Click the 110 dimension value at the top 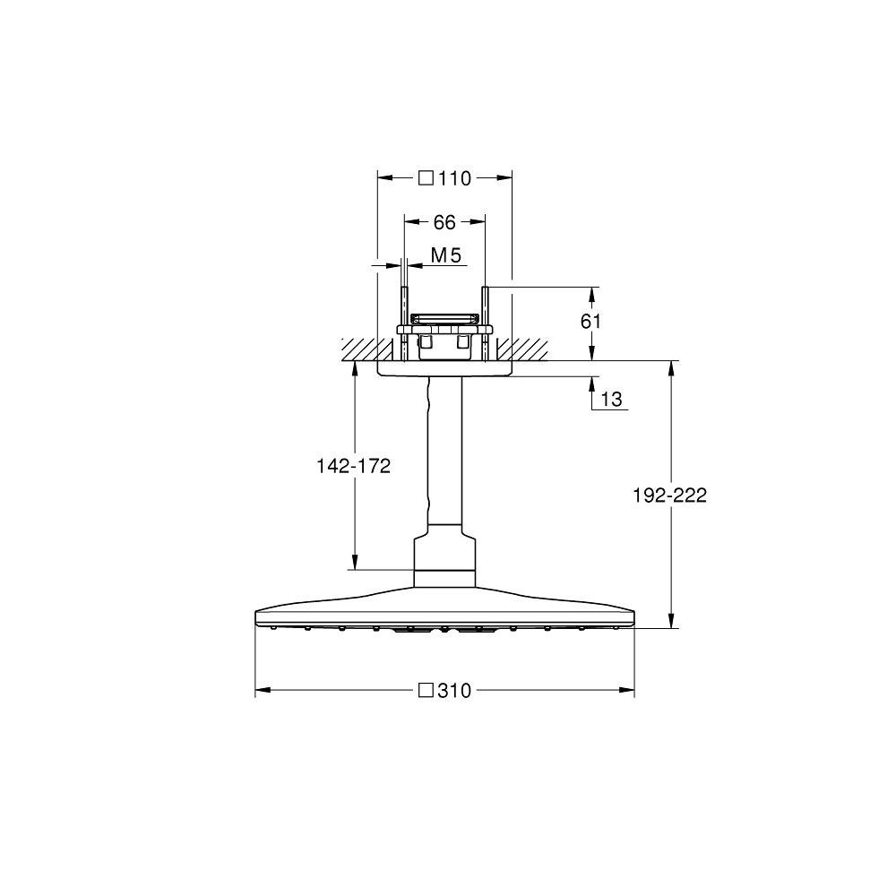[454, 178]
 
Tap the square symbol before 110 [426, 178]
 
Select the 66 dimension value [444, 222]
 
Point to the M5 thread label [445, 256]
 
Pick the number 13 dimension [611, 400]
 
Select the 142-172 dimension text [354, 466]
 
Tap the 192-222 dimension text [671, 495]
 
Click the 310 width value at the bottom [454, 690]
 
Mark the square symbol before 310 [426, 690]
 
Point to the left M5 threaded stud [405, 309]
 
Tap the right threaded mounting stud [485, 309]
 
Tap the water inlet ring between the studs [444, 317]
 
